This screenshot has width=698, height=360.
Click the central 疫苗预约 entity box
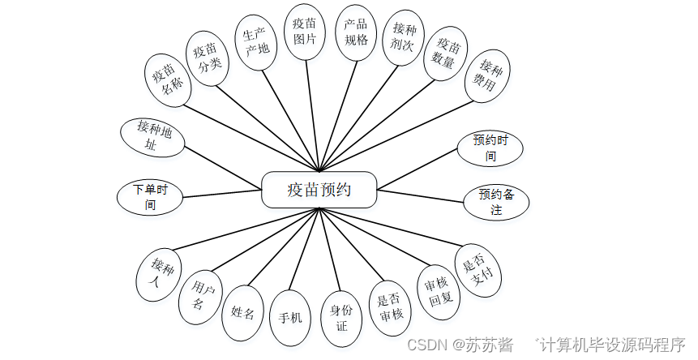(x=319, y=190)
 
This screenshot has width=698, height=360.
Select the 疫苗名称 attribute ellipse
(x=168, y=79)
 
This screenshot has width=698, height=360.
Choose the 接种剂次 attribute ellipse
(x=404, y=37)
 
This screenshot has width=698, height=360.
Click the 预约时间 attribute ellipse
(x=490, y=148)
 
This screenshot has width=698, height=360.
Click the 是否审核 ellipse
(x=391, y=308)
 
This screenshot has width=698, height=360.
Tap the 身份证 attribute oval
(x=341, y=317)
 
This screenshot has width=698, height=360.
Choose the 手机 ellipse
(x=290, y=318)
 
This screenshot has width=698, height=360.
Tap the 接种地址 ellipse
(x=152, y=136)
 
